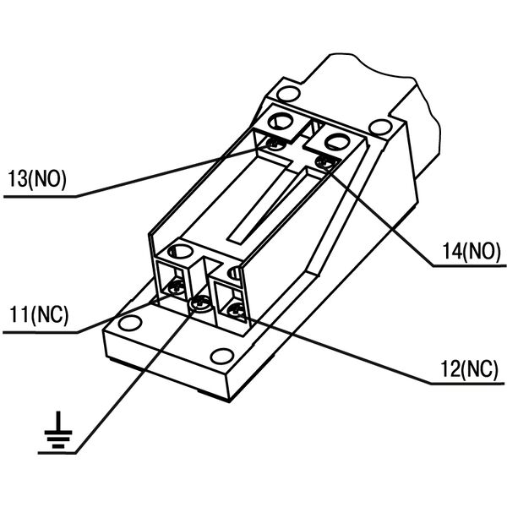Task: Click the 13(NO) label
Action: coord(37,179)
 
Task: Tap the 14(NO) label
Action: coord(472,251)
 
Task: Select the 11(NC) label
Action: coord(39,314)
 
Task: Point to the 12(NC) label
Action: coord(469,369)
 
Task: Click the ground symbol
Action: coord(58,430)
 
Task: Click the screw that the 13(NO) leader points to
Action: coord(275,143)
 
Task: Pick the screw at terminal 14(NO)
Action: coord(327,161)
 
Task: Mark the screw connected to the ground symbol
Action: coord(201,303)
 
